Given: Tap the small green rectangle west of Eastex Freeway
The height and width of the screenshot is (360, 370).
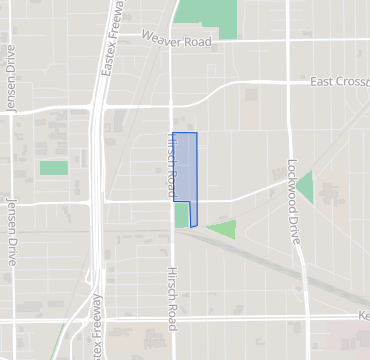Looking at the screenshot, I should coord(53,168).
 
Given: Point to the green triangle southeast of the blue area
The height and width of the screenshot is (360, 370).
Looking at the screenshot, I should coord(224,229).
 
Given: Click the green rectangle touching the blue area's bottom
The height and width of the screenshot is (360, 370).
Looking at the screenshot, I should coord(181,215).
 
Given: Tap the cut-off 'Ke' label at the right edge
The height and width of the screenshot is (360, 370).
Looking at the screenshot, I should coord(363,316).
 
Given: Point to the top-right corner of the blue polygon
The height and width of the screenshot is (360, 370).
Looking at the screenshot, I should coord(196,133).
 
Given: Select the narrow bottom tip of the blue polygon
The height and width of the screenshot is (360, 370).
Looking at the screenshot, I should coord(193,225).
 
